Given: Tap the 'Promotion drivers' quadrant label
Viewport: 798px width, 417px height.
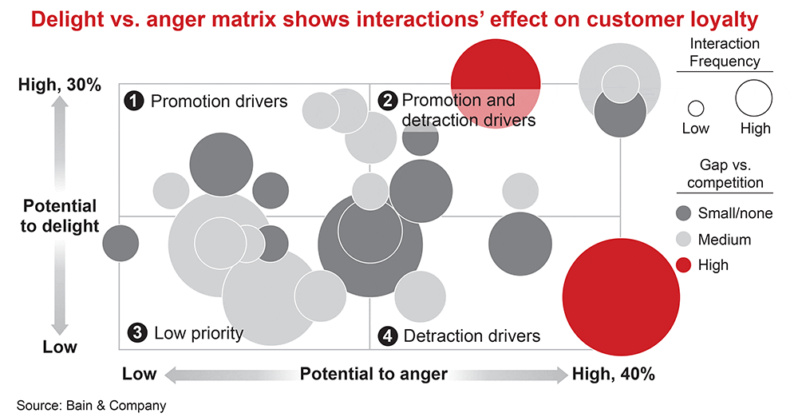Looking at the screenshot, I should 219,101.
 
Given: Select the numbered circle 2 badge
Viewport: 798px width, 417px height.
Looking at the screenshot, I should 387,101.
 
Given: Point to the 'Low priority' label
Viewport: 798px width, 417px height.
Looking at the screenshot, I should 198,332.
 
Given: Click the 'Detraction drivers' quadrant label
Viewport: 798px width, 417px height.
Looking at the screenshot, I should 472,336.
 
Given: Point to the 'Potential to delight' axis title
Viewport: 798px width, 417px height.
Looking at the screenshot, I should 60,216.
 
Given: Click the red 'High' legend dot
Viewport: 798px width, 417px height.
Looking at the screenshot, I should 682,264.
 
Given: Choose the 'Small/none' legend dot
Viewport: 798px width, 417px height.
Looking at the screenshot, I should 682,213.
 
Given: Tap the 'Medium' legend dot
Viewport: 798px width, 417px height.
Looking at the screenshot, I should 682,239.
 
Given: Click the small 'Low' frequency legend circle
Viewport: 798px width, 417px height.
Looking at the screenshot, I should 695,108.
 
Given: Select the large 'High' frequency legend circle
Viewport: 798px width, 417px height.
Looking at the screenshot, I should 754,100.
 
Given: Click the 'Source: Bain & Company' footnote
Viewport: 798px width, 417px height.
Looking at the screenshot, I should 92,405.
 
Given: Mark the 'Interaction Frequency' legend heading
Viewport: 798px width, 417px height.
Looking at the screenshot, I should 724,52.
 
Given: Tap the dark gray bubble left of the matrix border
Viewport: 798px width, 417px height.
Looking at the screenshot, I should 120,242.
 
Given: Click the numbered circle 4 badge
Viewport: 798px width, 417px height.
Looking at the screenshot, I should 387,336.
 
